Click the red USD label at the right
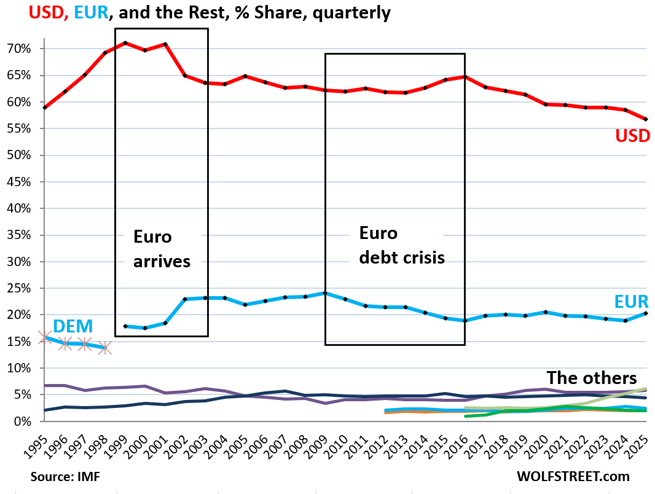[632, 136]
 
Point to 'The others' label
[592, 377]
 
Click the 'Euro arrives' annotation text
[162, 249]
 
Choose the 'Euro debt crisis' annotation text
[401, 246]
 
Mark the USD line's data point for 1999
[125, 43]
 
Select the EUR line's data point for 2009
[324, 293]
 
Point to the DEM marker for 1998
[104, 348]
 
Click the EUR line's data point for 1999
[125, 326]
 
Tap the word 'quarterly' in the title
[350, 12]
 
